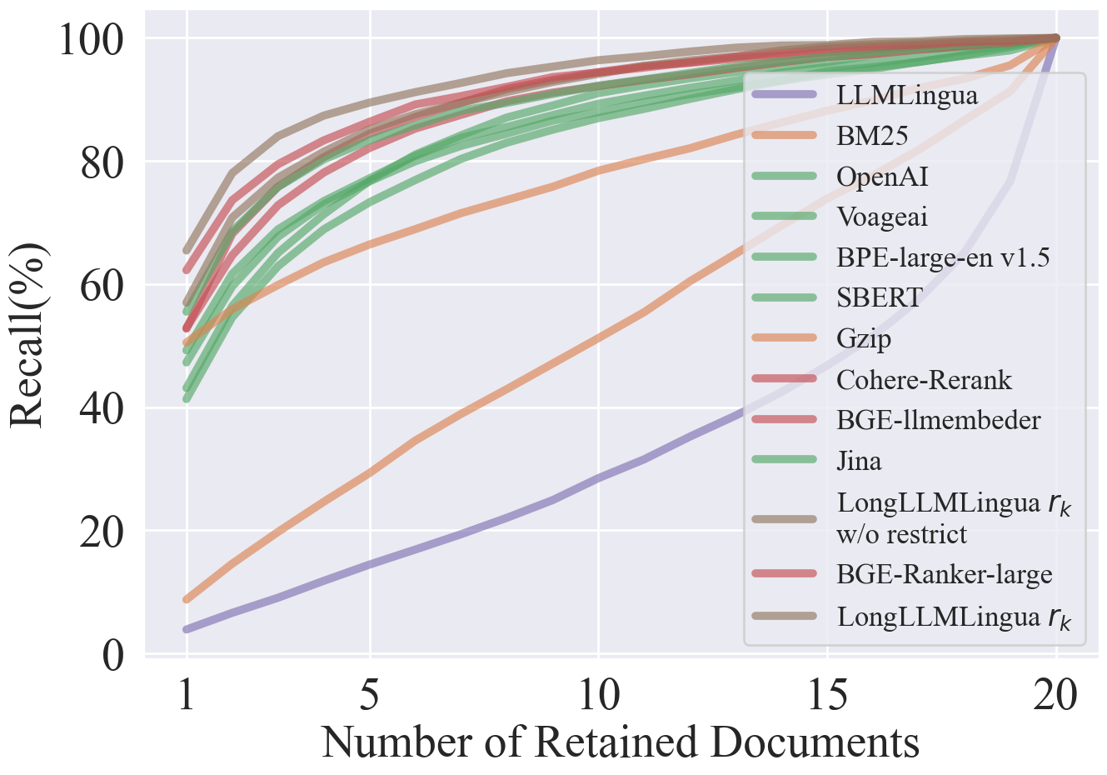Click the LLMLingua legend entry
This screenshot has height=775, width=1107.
point(907,95)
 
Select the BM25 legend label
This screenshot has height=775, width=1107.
point(872,135)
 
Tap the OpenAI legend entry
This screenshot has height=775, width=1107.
point(882,176)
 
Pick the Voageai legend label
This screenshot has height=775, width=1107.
point(882,217)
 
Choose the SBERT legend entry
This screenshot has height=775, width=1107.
point(880,297)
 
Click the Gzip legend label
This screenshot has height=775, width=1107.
point(864,338)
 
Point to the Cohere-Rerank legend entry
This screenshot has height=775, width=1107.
point(924,380)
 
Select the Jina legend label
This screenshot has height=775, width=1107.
point(859,461)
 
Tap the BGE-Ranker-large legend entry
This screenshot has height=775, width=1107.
point(945,574)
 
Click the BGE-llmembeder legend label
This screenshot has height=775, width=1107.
point(939,420)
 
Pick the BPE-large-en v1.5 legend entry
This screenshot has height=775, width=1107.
point(943,257)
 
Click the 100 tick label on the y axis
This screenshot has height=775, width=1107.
point(92,39)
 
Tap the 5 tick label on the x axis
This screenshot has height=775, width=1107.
point(370,694)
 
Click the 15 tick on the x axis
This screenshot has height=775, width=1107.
point(827,694)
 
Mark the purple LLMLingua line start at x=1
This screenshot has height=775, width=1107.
point(187,629)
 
